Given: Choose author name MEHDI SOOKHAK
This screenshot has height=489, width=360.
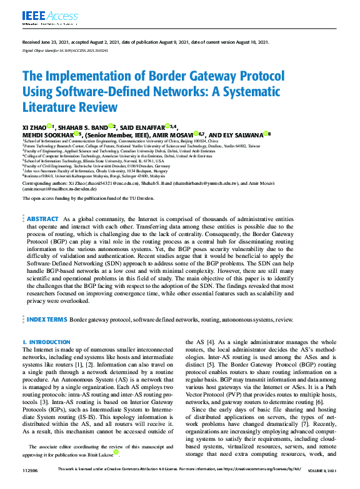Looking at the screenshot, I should [x=47, y=134].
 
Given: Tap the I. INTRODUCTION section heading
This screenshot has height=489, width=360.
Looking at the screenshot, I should [x=46, y=342].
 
